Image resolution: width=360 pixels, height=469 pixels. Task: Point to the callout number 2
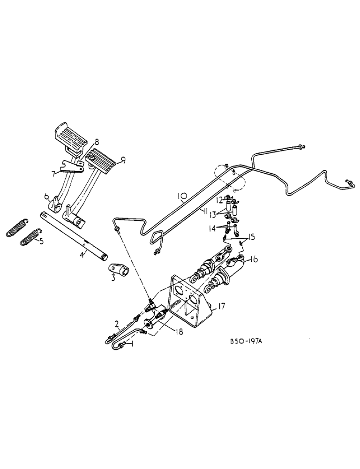point(117,323)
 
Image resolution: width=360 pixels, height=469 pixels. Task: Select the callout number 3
point(113,279)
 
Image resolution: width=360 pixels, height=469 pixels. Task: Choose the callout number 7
point(54,174)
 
